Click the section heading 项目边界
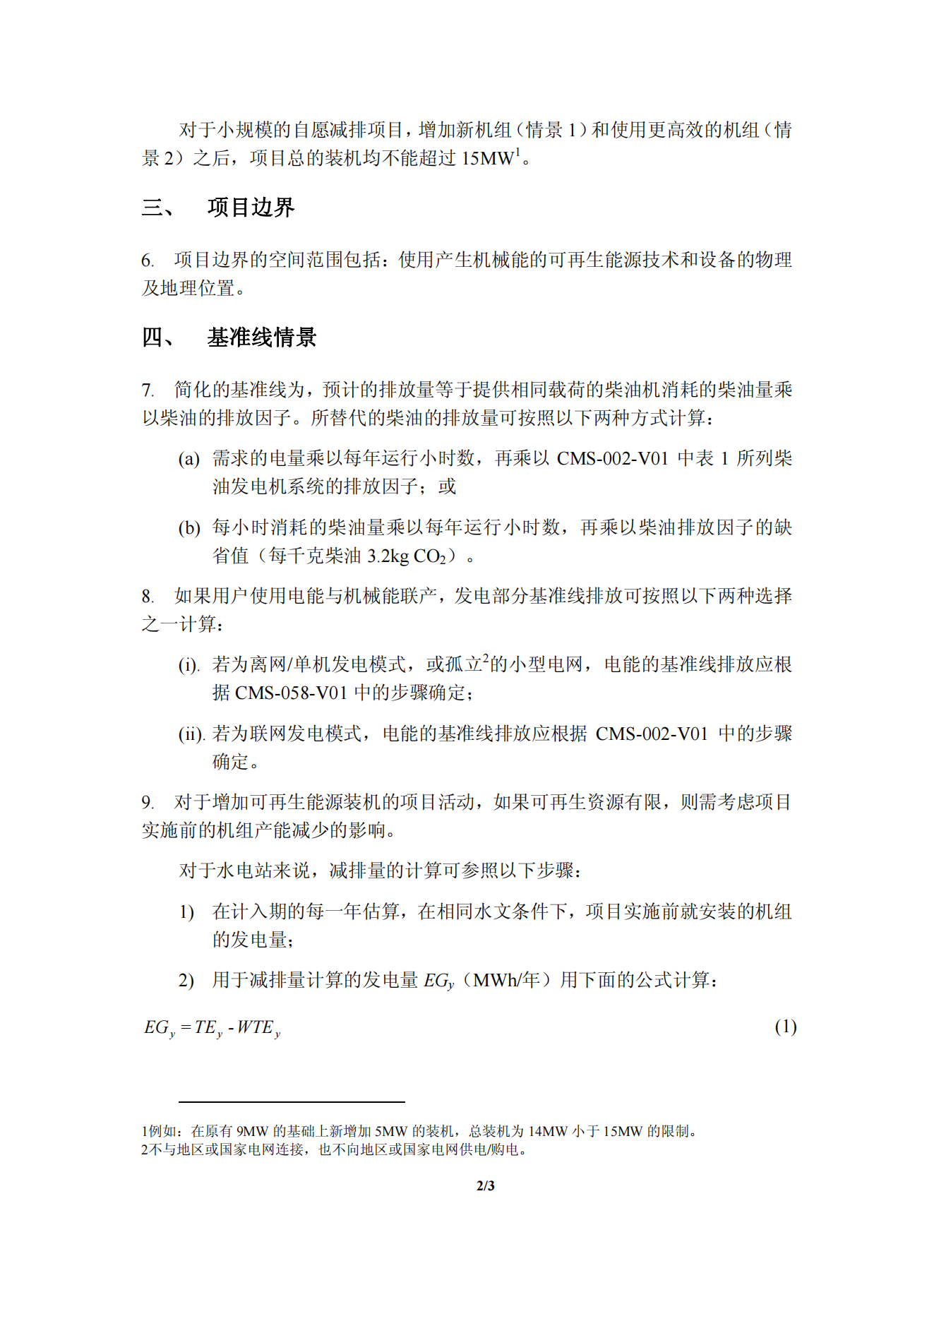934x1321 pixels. pyautogui.click(x=251, y=208)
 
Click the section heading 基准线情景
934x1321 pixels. pyautogui.click(x=261, y=337)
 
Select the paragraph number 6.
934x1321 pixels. pyautogui.click(x=147, y=261)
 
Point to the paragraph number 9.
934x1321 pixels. pyautogui.click(x=147, y=803)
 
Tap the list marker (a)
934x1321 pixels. pyautogui.click(x=188, y=459)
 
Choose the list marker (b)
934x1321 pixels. pyautogui.click(x=188, y=528)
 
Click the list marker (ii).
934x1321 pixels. pyautogui.click(x=191, y=734)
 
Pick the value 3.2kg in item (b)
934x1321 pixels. pyautogui.click(x=388, y=556)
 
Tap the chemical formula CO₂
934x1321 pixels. pyautogui.click(x=429, y=557)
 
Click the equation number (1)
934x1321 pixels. pyautogui.click(x=785, y=1027)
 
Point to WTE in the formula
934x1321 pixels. pyautogui.click(x=255, y=1027)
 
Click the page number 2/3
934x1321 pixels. pyautogui.click(x=486, y=1185)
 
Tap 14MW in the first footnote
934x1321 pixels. pyautogui.click(x=548, y=1131)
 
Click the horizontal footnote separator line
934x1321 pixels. pyautogui.click(x=291, y=1101)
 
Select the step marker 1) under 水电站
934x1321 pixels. pyautogui.click(x=186, y=912)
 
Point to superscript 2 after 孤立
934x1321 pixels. pyautogui.click(x=486, y=659)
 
